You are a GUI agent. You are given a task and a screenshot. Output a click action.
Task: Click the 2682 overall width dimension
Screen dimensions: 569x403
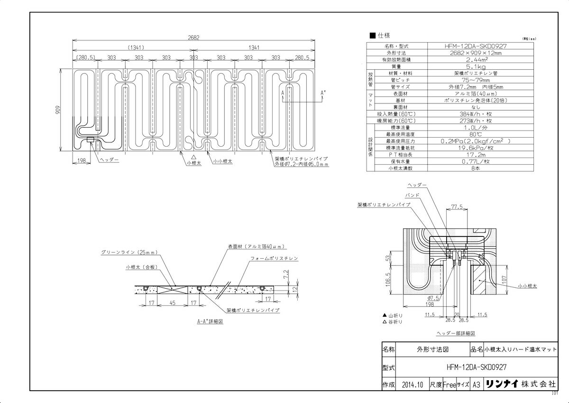point(193,37)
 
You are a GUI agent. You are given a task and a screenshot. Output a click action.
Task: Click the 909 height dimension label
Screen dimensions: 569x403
point(58,110)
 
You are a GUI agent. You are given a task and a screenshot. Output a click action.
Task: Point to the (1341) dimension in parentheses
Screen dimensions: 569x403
point(136,47)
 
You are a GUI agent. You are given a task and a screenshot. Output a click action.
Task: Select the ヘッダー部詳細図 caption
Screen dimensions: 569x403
point(455,334)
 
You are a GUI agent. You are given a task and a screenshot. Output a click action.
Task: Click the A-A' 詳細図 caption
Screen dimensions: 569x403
point(210,321)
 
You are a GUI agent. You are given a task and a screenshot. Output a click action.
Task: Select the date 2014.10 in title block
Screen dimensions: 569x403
point(411,384)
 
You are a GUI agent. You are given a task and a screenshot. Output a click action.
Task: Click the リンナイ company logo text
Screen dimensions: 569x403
point(504,384)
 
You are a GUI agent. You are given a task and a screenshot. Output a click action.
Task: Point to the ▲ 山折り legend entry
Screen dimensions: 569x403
point(393,315)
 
